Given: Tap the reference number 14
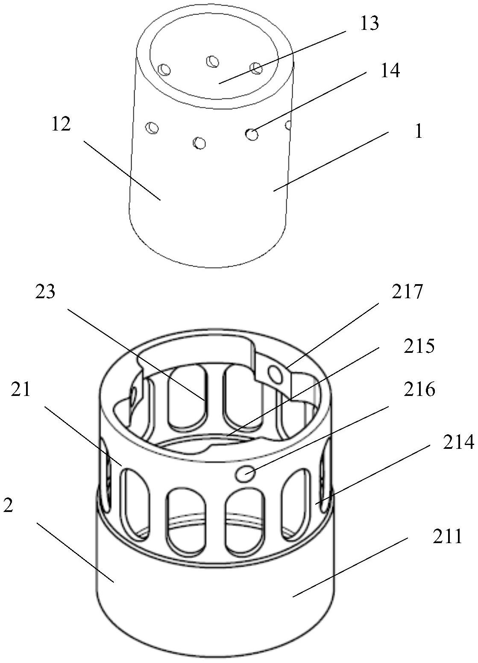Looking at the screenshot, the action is pyautogui.click(x=390, y=71).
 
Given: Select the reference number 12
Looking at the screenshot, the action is pyautogui.click(x=61, y=124).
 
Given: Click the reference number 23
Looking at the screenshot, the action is pyautogui.click(x=45, y=292).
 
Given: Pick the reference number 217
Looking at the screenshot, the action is pyautogui.click(x=407, y=292).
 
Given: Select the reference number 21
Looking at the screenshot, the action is pyautogui.click(x=21, y=389).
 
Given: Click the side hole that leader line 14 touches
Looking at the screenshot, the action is pyautogui.click(x=252, y=135).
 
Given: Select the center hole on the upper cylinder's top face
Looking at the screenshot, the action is pyautogui.click(x=212, y=61).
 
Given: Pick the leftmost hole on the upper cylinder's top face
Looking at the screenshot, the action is pyautogui.click(x=164, y=70).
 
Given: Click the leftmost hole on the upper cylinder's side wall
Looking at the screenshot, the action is pyautogui.click(x=152, y=128).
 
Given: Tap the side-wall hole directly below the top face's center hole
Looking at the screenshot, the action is pyautogui.click(x=199, y=142).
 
